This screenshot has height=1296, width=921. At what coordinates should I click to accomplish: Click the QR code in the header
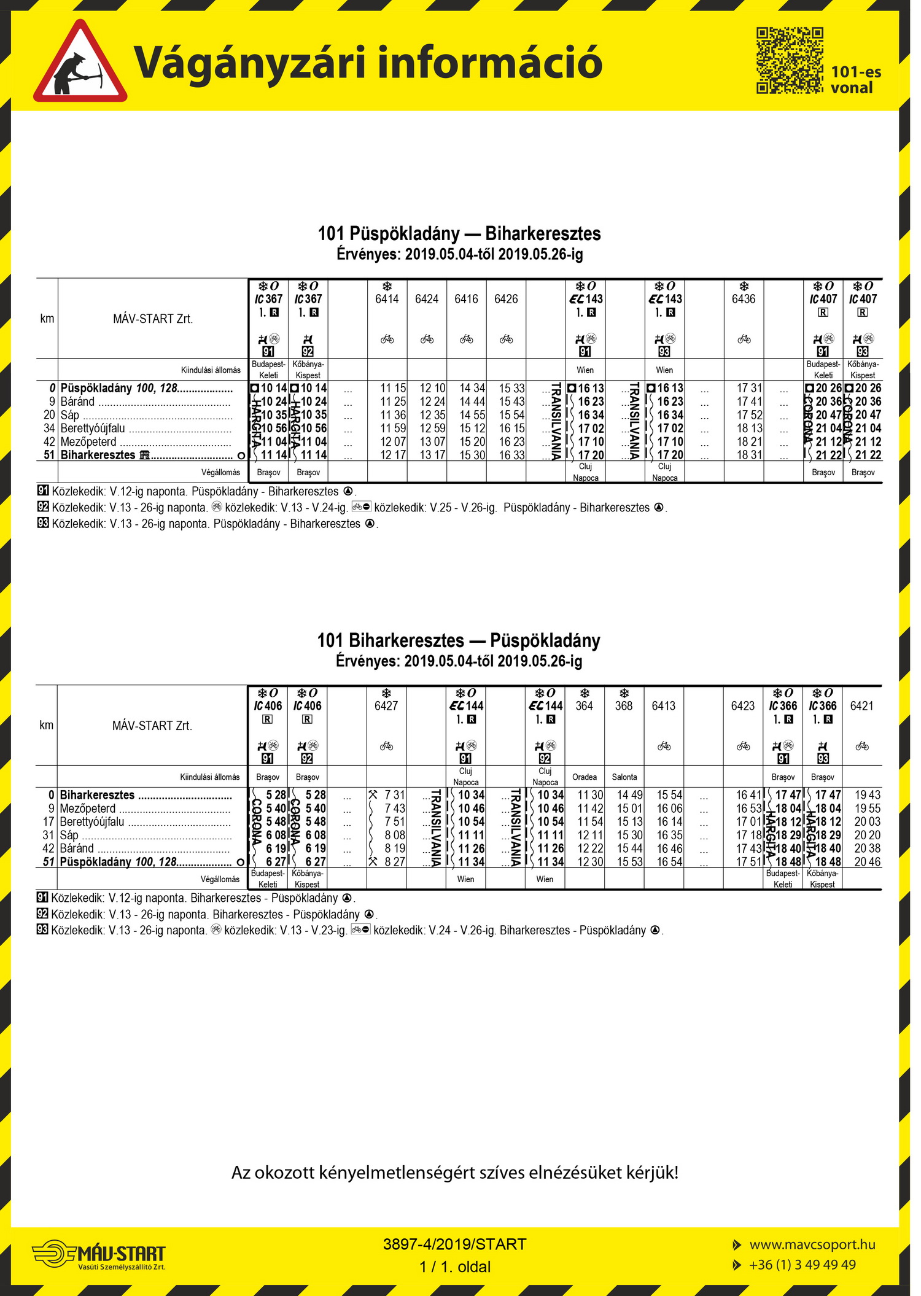point(790,60)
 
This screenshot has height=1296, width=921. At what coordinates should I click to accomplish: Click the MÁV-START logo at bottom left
point(99,1252)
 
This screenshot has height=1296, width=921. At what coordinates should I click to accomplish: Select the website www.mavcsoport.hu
point(812,1244)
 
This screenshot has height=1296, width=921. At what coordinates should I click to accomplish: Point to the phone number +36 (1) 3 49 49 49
point(802,1265)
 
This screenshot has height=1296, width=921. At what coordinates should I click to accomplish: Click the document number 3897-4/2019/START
point(454,1244)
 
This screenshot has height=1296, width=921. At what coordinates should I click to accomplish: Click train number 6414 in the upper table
point(387,299)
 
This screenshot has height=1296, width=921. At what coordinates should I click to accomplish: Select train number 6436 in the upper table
point(744,299)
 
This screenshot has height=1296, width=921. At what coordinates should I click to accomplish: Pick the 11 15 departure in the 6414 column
point(393,388)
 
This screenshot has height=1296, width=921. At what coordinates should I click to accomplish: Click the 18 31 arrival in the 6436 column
point(750,455)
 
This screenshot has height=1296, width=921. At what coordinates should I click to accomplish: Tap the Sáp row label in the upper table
point(70,415)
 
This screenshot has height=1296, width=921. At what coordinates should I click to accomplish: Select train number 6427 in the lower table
point(386,706)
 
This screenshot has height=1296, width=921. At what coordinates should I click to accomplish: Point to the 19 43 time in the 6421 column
point(868,795)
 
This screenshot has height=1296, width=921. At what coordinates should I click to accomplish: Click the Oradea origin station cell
point(585,777)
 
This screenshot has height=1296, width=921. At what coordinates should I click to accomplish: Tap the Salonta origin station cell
point(624,777)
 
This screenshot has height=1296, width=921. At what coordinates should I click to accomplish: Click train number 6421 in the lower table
point(862,706)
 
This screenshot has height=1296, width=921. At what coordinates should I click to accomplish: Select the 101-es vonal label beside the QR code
point(856,80)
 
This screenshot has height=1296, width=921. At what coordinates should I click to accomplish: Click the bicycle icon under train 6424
point(427,339)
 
